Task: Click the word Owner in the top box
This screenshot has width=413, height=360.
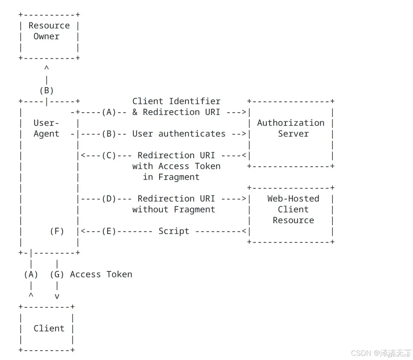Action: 46,37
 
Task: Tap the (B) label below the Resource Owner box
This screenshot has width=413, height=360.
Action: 46,91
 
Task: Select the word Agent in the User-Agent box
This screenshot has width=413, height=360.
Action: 46,134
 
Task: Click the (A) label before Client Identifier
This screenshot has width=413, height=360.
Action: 109,112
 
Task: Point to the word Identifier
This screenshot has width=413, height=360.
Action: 195,101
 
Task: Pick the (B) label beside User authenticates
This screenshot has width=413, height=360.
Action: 109,134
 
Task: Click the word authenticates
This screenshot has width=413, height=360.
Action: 192,134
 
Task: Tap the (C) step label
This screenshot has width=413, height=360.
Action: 109,155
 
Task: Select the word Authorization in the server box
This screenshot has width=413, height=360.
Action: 291,123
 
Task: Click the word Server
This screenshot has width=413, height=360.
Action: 293,134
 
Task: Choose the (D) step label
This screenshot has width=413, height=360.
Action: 109,199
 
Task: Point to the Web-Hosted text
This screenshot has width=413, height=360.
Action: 293,199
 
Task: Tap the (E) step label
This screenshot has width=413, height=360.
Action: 109,231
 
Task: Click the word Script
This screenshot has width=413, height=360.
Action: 174,231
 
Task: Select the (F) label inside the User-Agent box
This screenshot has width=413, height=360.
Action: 57,231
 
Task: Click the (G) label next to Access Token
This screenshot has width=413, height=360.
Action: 57,275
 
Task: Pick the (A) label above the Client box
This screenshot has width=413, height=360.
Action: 31,275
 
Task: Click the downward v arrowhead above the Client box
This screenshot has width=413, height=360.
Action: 57,297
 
